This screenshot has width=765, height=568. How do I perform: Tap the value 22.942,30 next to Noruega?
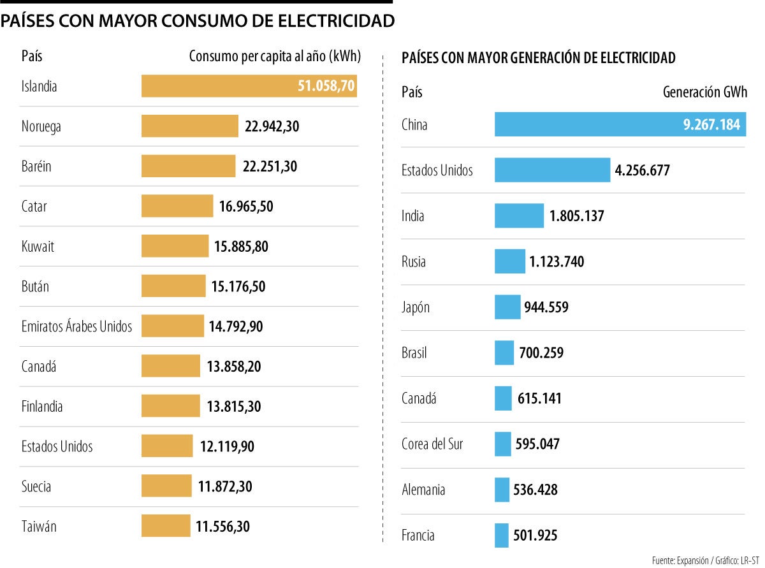pyautogui.click(x=272, y=126)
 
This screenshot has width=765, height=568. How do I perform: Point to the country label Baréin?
pyautogui.click(x=36, y=166)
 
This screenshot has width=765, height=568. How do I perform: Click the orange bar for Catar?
pyautogui.click(x=177, y=206)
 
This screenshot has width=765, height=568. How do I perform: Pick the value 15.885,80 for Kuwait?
pyautogui.click(x=241, y=246)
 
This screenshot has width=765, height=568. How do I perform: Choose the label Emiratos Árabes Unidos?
pyautogui.click(x=76, y=326)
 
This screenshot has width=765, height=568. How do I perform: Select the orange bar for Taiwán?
pyautogui.click(x=166, y=526)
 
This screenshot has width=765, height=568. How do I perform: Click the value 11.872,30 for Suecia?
pyautogui.click(x=225, y=486)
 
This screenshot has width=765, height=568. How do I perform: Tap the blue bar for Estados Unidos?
pyautogui.click(x=552, y=170)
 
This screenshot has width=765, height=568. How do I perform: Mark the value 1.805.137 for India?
pyautogui.click(x=576, y=216)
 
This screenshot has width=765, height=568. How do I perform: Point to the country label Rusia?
pyautogui.click(x=414, y=261)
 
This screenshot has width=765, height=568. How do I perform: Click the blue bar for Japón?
pyautogui.click(x=507, y=307)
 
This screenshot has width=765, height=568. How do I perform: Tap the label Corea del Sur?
pyautogui.click(x=432, y=444)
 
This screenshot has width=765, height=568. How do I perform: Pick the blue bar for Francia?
pyautogui.click(x=502, y=535)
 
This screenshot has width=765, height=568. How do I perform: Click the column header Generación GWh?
pyautogui.click(x=705, y=92)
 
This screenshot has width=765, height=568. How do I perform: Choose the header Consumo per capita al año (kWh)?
pyautogui.click(x=275, y=56)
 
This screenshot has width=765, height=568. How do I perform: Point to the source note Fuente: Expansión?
pyautogui.click(x=680, y=560)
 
